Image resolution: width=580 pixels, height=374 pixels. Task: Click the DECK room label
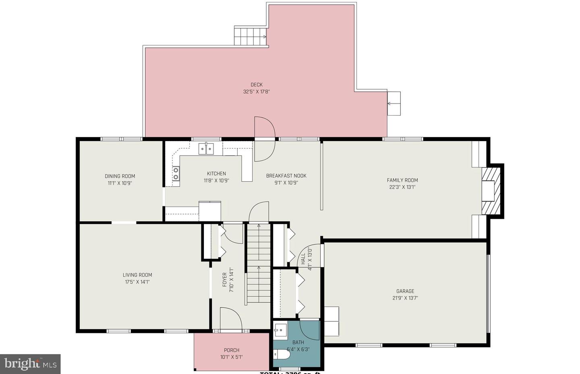click(x=257, y=85)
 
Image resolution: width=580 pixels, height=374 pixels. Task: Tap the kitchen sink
click(x=206, y=148)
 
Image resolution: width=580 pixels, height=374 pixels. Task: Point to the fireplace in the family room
click(x=491, y=191)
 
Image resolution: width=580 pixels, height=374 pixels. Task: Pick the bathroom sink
click(x=280, y=330)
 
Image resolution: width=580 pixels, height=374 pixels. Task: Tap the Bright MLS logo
click(x=30, y=364)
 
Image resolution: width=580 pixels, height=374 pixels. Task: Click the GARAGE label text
click(x=405, y=291)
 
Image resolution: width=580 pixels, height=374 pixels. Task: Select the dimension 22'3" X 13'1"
click(x=402, y=187)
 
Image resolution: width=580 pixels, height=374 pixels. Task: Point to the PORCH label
click(x=232, y=350)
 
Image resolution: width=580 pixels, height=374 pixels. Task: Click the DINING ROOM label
click(x=120, y=176)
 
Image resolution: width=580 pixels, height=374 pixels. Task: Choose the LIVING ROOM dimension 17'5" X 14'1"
click(x=137, y=282)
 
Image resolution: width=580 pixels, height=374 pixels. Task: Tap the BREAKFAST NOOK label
click(x=286, y=176)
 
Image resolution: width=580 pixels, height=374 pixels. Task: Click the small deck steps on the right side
click(x=394, y=104)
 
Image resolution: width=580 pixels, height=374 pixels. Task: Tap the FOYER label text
click(x=224, y=280)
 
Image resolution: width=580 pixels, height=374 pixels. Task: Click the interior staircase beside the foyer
click(x=258, y=264)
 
